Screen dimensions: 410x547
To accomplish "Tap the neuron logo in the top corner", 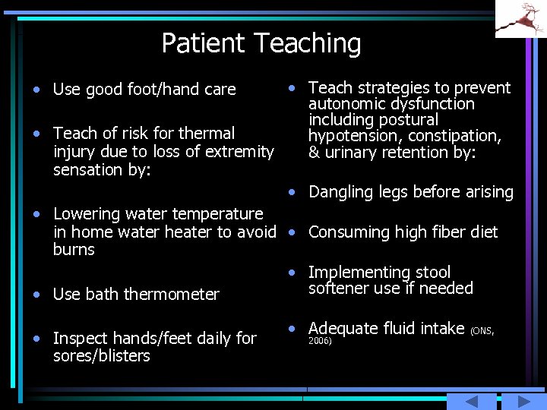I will coord(520,19).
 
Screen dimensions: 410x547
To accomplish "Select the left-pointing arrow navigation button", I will coord(471,402).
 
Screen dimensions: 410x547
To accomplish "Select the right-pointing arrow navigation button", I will coord(522,402).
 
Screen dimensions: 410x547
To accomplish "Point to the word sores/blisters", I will coord(101,356).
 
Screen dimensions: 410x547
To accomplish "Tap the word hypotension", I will coord(355,136).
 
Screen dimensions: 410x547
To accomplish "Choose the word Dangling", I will coord(339,192).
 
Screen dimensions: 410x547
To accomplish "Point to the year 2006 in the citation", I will coord(320,341).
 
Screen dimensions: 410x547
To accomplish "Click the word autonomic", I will coord(341,104).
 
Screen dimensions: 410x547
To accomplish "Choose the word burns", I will coord(74,250).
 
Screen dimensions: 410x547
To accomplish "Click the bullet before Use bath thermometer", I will coord(36,294).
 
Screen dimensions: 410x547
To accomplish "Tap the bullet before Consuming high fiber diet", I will coord(292,232).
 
